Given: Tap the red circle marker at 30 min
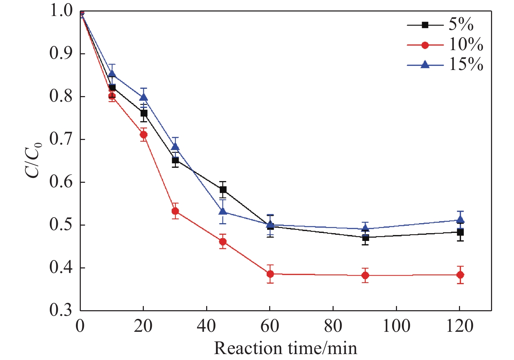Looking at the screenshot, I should point(175,211).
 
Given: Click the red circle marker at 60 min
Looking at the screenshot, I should point(270,274).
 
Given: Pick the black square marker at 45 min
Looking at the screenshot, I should point(223,189).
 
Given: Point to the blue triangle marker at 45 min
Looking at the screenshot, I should point(223,211).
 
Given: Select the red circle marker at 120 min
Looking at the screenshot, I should point(460,275).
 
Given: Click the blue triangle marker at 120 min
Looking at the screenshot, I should point(460,219).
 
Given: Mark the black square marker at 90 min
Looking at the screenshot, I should point(365,238).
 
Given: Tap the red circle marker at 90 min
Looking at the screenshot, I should point(365,275).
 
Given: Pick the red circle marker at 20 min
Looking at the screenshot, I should point(143,134).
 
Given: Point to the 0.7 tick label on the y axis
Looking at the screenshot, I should point(61,139).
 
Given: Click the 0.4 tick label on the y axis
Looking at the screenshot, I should point(61,268).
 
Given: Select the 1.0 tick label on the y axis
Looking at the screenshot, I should point(61,11).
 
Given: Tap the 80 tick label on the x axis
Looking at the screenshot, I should point(333,326).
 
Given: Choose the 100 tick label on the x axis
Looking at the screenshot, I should point(396,326).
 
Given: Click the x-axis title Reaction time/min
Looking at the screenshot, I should point(286,348).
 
